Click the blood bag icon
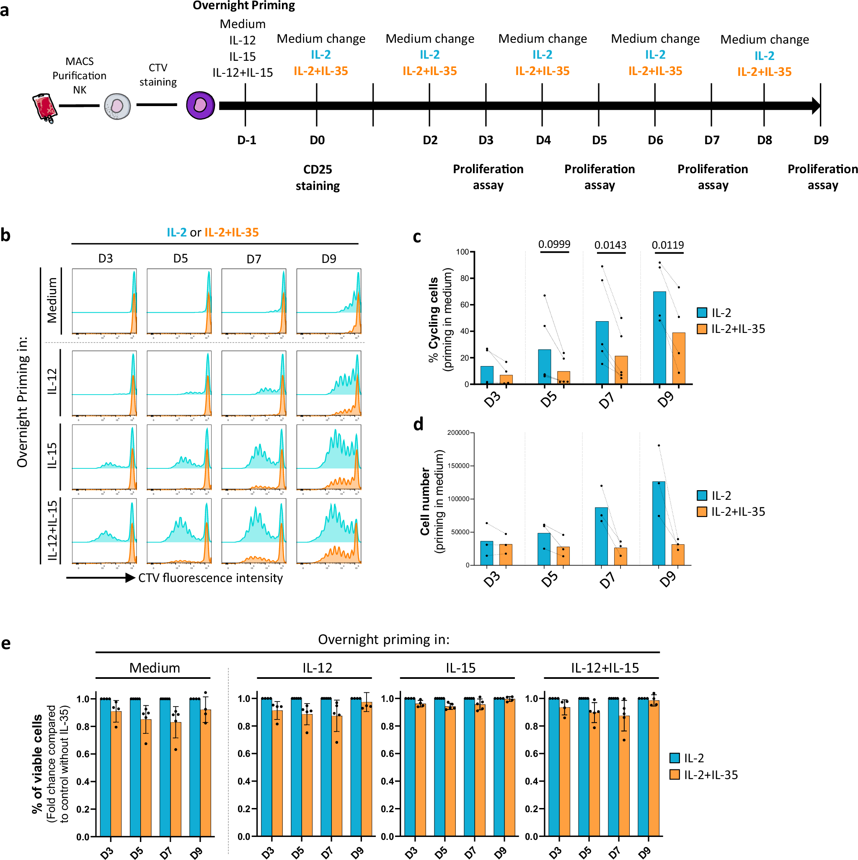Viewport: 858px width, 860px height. point(45,107)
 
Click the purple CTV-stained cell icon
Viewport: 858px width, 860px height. point(200,106)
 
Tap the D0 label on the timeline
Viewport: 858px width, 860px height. point(317,140)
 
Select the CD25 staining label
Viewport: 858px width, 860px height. point(318,177)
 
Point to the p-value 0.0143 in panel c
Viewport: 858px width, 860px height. point(610,245)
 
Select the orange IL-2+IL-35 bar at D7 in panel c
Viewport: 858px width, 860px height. point(621,369)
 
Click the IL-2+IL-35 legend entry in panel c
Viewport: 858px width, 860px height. point(731,329)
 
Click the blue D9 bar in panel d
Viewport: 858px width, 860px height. point(658,523)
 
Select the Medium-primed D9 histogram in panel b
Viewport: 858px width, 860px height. point(329,301)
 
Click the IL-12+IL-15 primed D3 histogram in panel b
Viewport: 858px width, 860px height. point(104,530)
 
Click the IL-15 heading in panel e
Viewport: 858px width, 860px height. point(460,668)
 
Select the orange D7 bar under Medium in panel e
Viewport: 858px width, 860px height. point(176,779)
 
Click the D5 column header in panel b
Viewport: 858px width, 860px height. point(180,259)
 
